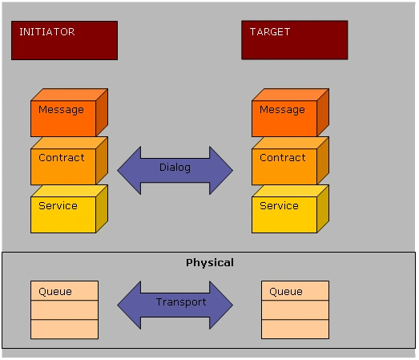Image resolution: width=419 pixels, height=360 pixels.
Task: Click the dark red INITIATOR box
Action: [x=64, y=40]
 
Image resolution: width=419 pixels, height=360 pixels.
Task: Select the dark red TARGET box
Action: [x=295, y=40]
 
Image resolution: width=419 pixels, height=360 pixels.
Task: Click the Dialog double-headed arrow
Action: [x=175, y=170]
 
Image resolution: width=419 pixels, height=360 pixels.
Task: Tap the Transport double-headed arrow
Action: [x=175, y=305]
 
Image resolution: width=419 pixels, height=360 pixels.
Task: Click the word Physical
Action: [x=210, y=263]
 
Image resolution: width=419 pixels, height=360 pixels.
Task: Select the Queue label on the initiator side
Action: [x=55, y=292]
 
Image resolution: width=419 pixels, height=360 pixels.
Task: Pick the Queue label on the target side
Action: [x=286, y=292]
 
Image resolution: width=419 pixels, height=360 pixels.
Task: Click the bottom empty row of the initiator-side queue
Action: [x=64, y=330]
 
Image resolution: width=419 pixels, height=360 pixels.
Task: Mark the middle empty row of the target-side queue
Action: [x=295, y=309]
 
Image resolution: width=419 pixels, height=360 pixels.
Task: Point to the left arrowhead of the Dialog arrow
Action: [x=129, y=170]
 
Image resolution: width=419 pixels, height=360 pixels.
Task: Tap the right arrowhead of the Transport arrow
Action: [x=221, y=305]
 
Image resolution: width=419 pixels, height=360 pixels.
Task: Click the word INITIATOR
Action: [x=47, y=32]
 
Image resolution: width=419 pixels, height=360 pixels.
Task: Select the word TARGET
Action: [x=270, y=32]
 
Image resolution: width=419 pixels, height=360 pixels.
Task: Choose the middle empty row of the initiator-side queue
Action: [x=64, y=309]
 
